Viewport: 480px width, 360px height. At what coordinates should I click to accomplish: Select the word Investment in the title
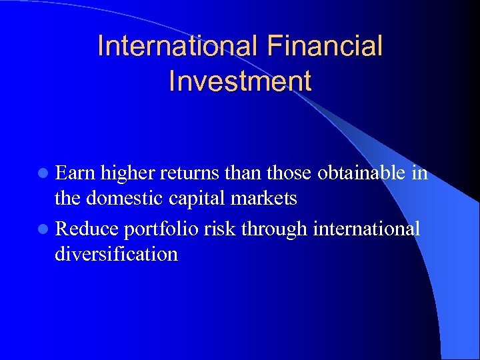coord(240,81)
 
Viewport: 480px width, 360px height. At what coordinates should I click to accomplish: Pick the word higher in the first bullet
coord(127,173)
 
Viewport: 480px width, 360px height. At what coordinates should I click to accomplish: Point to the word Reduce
coord(86,229)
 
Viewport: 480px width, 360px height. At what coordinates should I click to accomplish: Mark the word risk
coord(221,229)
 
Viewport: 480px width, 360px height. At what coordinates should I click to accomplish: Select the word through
coord(273,229)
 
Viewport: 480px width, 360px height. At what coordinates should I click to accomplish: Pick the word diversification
coord(117,254)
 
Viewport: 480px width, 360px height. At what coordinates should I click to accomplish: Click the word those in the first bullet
coord(290,173)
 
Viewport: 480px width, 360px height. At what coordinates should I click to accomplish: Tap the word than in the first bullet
coord(244,173)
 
